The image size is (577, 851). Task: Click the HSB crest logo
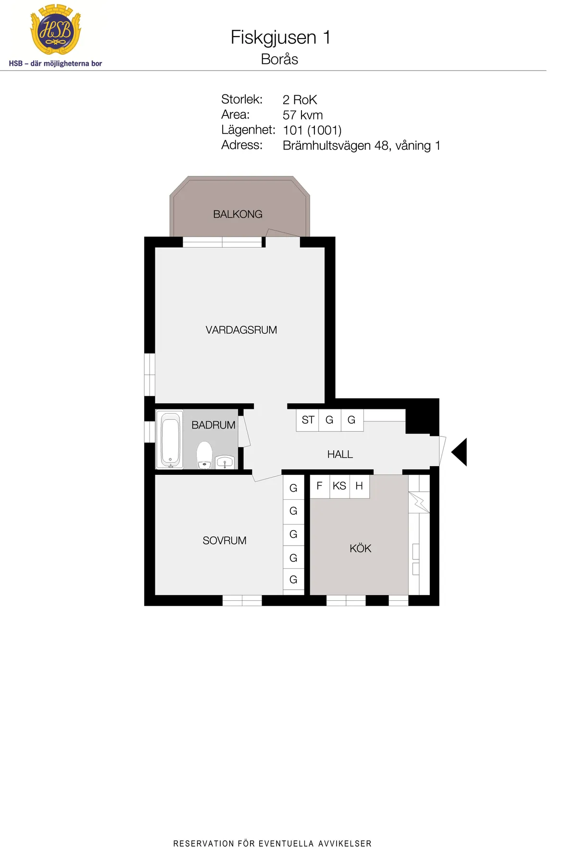[x=56, y=29]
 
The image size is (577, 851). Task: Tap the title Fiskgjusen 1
[x=281, y=38]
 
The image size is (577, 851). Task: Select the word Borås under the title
[x=279, y=59]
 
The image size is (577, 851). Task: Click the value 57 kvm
[x=302, y=115]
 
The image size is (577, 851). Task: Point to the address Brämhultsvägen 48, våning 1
[x=362, y=145]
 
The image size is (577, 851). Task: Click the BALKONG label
[x=238, y=214]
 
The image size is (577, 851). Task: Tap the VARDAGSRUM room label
[x=241, y=330]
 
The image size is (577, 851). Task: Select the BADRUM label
[x=213, y=425]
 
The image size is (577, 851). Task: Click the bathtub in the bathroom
[x=170, y=439]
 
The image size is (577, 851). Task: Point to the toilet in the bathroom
[x=204, y=455]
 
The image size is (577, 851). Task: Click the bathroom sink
[x=225, y=462]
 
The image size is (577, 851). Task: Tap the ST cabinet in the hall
[x=308, y=420]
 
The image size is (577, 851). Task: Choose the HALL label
[x=340, y=454]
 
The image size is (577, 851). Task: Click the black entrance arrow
[x=459, y=452]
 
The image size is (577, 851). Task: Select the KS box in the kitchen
[x=339, y=486]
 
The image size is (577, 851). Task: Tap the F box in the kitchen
[x=319, y=486]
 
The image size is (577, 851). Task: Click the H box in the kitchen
[x=359, y=486]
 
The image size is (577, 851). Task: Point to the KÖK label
[x=361, y=548]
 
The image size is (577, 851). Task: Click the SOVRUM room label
[x=225, y=541]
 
